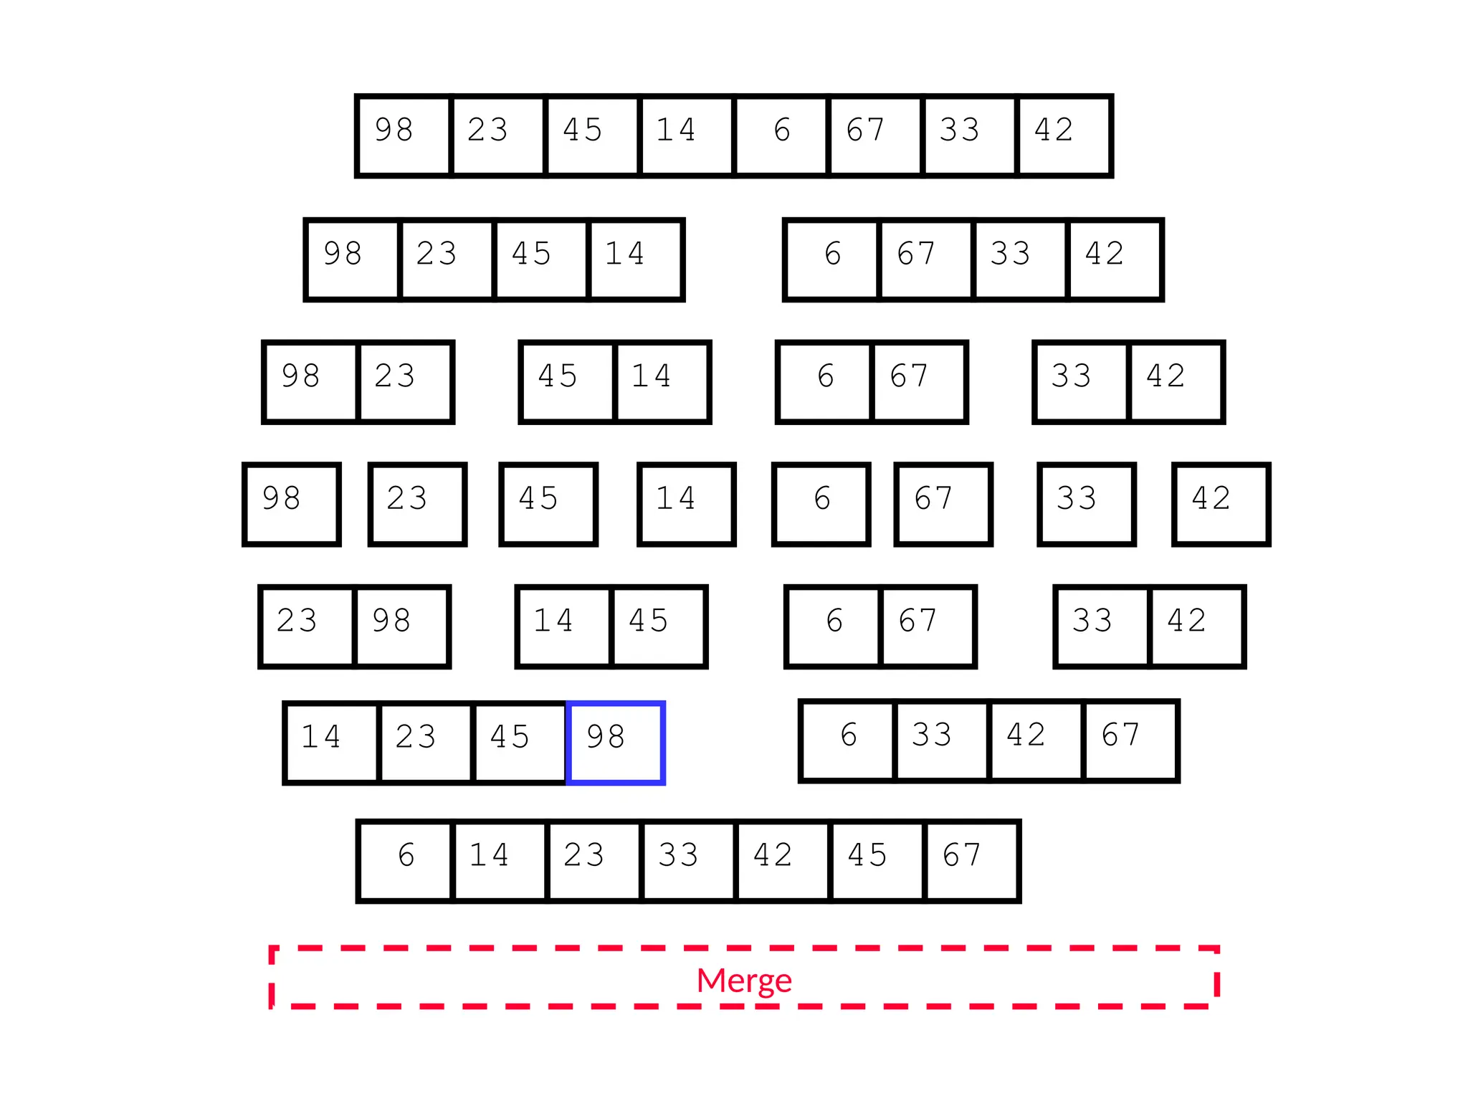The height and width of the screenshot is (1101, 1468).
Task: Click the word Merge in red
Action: point(743,980)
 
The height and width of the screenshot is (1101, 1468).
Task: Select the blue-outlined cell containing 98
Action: point(616,743)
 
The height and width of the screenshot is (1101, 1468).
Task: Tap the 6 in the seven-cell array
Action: point(406,860)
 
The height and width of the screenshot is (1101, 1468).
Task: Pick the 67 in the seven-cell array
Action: point(971,860)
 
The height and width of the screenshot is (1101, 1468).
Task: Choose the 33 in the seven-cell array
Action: point(687,860)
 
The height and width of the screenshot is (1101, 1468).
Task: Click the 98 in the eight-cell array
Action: point(404,135)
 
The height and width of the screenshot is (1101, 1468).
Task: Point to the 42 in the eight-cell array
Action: point(1064,135)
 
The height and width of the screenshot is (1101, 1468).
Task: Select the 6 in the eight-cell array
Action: point(781,135)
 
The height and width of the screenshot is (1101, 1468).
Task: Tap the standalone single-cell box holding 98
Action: point(291,504)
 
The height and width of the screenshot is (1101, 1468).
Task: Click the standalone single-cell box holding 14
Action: point(686,504)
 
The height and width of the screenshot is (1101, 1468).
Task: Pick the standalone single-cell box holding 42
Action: point(1221,504)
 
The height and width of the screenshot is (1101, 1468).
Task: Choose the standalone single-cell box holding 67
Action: point(943,504)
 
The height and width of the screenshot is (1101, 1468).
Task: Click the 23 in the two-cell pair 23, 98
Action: point(307,626)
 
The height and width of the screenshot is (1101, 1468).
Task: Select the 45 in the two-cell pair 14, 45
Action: point(659,626)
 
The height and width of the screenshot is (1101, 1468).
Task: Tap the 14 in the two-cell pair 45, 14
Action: point(662,381)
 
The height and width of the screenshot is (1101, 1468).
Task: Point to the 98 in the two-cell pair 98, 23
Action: point(310,381)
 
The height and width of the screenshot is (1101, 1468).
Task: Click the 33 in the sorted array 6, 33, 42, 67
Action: point(941,740)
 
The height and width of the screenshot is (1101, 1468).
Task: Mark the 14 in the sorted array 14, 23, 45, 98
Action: point(331,743)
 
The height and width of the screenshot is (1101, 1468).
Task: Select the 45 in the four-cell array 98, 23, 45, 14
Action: point(540,259)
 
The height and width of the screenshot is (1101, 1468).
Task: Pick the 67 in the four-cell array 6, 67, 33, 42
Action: point(925,259)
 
